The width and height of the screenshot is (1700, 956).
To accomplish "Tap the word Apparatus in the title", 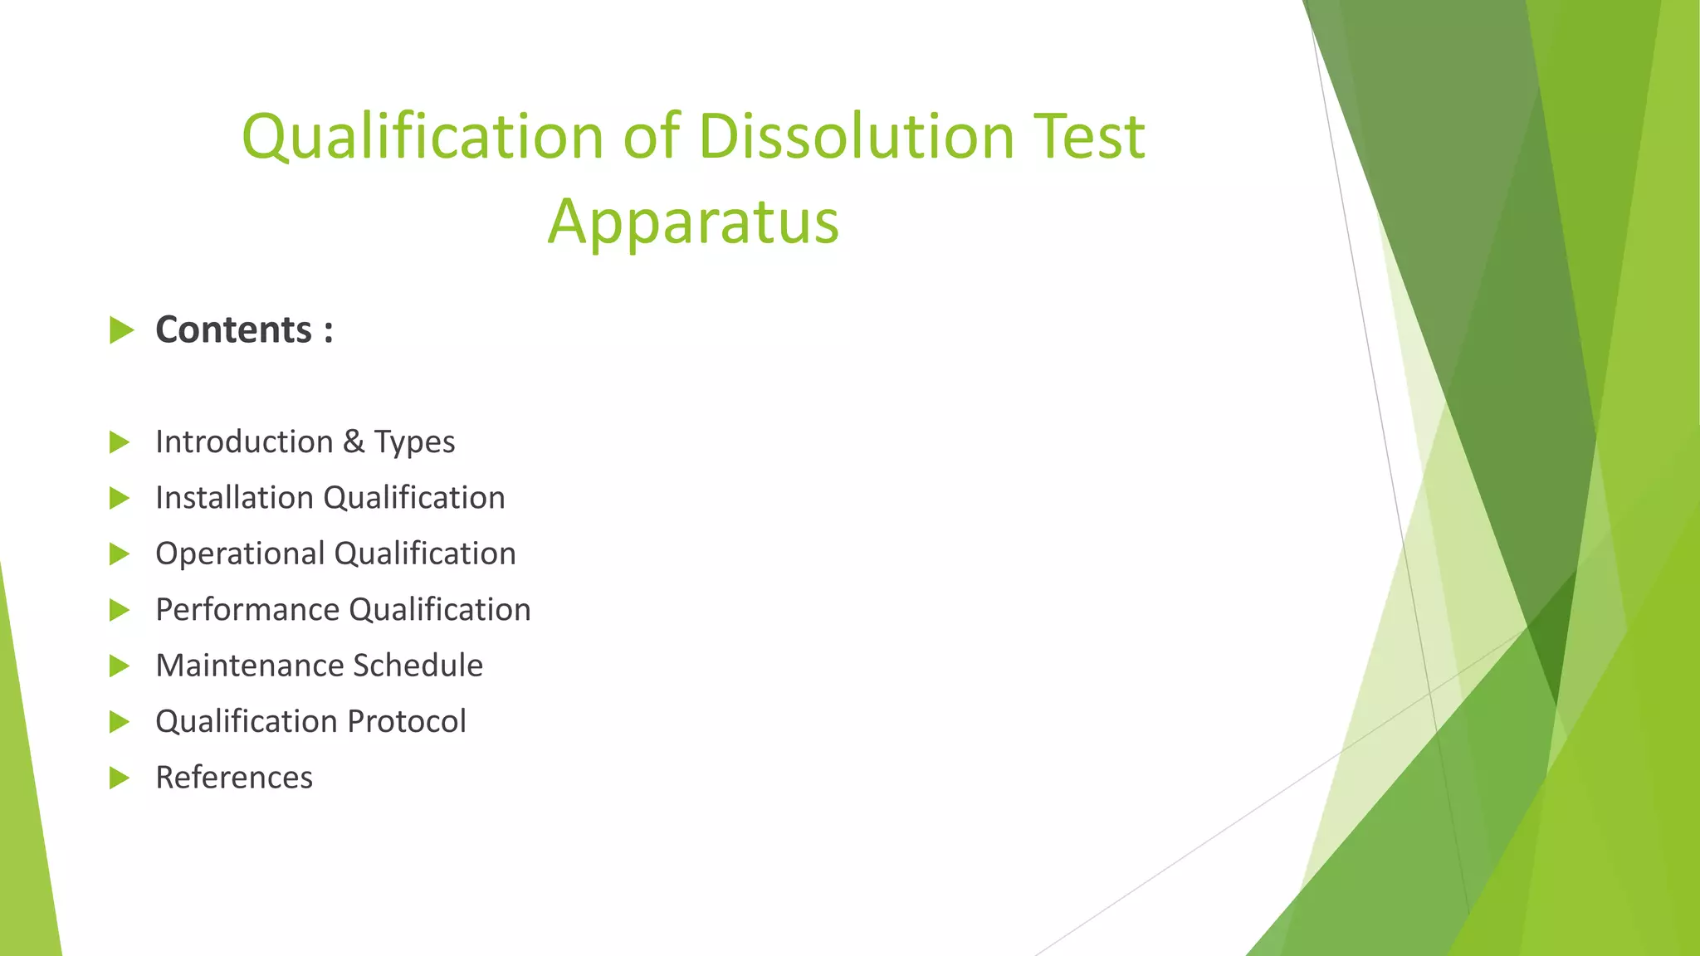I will (x=693, y=222).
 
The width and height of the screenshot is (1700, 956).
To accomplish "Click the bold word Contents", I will (x=233, y=329).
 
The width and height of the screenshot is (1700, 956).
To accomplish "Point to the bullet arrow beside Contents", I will (x=121, y=330).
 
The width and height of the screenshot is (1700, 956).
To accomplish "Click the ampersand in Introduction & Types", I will (x=354, y=441).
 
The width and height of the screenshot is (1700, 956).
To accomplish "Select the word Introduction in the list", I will (x=244, y=441).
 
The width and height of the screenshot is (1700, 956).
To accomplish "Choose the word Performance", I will (x=247, y=610).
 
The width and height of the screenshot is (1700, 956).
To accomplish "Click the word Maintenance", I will (x=248, y=666).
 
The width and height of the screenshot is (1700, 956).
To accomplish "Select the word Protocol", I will (x=407, y=721).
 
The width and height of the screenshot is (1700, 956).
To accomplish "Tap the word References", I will (x=234, y=778).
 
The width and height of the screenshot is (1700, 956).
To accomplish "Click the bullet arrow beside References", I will (x=120, y=778).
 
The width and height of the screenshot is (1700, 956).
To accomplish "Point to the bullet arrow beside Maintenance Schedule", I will (x=120, y=666).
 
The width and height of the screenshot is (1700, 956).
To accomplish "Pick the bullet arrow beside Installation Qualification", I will (x=120, y=498).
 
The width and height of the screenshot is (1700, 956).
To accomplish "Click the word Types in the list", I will (x=414, y=442).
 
